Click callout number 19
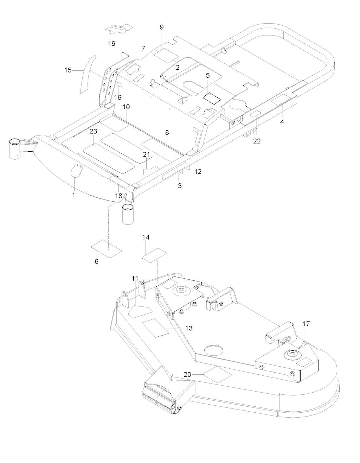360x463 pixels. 112,44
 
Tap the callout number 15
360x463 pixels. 68,70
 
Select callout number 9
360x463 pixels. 162,27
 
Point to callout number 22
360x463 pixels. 257,141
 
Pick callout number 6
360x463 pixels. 96,261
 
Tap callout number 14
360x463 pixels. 146,237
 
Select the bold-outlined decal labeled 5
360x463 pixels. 211,99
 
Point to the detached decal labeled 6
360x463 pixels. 106,249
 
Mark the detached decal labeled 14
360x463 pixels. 154,254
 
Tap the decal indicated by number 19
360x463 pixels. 119,28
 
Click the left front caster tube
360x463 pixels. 14,148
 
